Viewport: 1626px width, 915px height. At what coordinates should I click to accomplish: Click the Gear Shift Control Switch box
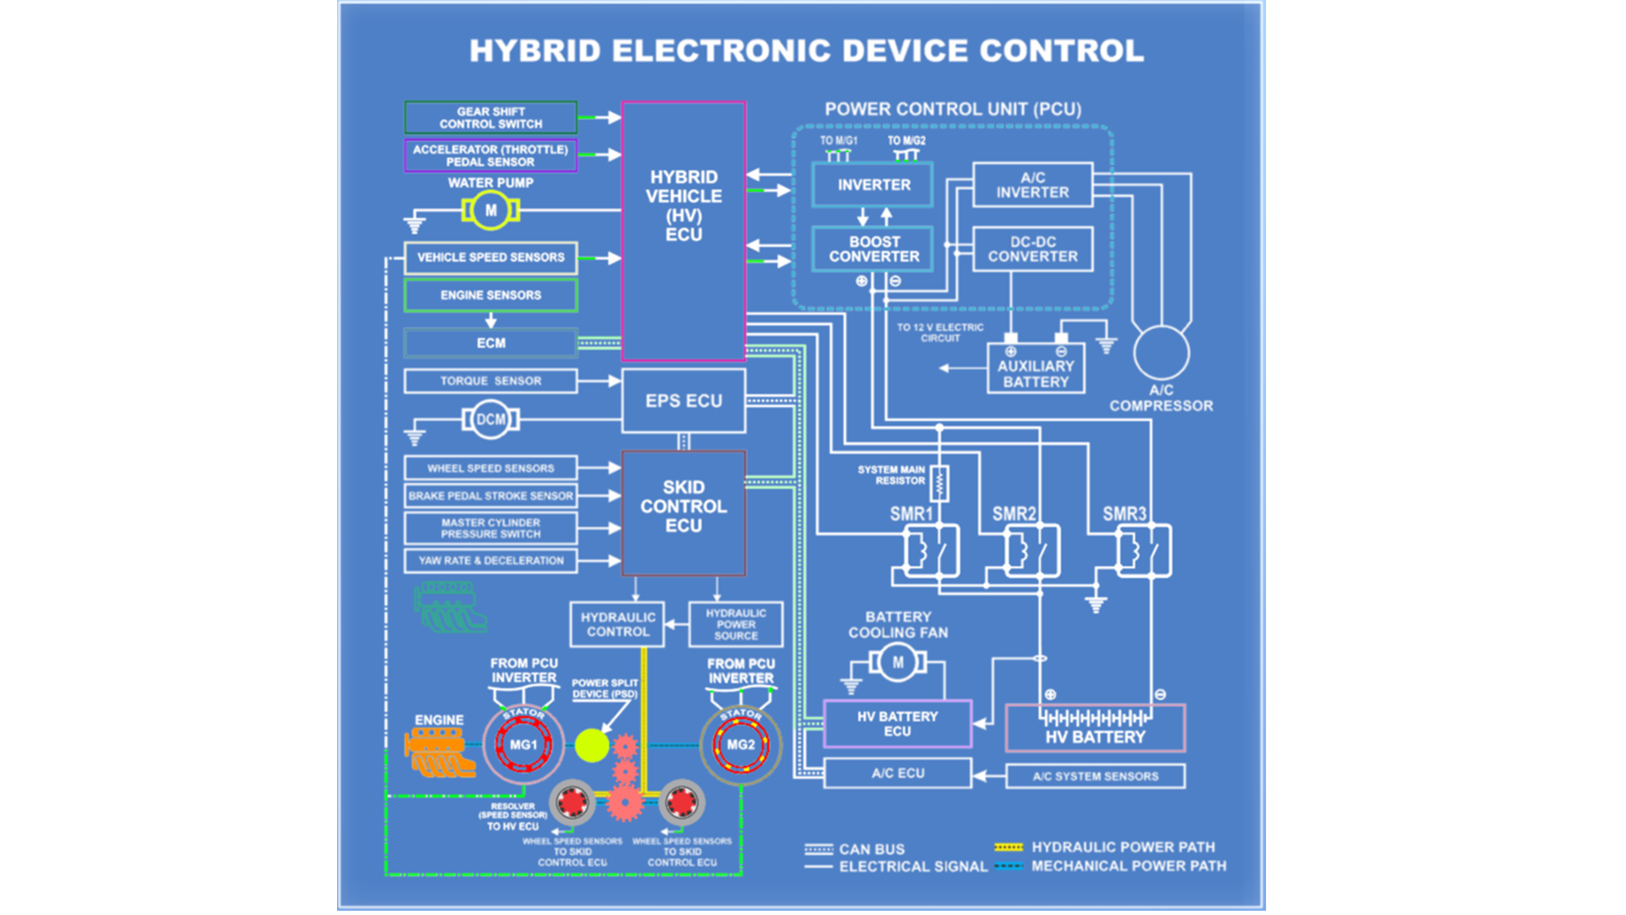490,118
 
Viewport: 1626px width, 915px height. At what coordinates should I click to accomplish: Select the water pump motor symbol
490,211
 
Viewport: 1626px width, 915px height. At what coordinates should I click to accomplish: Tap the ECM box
490,343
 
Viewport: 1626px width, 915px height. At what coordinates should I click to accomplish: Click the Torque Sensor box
490,381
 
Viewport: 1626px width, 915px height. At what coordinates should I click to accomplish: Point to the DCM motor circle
490,419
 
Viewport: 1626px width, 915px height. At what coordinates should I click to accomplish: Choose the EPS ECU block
683,401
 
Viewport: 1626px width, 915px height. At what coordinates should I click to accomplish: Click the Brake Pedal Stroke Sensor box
490,496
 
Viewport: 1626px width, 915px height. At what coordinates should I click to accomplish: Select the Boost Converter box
873,249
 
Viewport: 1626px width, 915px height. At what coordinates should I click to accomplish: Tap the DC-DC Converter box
1032,249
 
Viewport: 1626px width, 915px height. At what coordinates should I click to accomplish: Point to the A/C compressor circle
1161,353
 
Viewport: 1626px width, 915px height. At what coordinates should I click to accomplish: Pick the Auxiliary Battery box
1036,374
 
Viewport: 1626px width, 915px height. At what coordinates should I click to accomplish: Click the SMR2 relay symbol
1031,551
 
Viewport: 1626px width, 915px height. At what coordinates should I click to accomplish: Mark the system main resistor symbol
939,483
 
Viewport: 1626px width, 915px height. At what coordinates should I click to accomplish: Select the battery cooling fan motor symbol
898,663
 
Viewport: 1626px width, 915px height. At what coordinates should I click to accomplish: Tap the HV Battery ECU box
897,724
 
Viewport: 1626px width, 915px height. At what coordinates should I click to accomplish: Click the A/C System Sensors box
1095,776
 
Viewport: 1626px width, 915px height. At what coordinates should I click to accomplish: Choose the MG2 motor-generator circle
740,746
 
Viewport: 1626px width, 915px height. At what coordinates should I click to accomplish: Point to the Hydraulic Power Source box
735,624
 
